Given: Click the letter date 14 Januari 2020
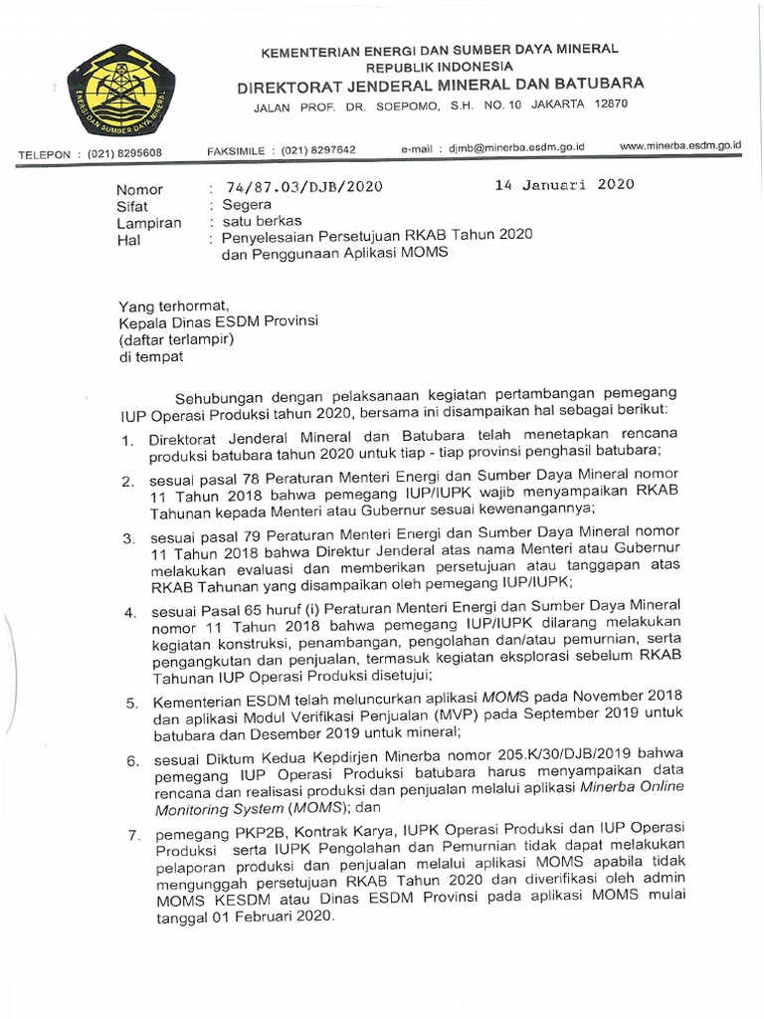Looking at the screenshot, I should coord(564,185).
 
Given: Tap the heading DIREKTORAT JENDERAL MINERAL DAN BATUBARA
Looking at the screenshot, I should coord(440,84).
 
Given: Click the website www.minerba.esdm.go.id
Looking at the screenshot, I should coord(680,145).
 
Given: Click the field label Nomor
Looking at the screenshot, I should coord(139,189).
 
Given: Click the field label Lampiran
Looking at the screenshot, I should coord(148,223).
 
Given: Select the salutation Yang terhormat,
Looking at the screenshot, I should coord(174,306).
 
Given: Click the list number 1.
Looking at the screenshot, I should coord(126,439).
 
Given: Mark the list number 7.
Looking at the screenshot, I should coord(130,834).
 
